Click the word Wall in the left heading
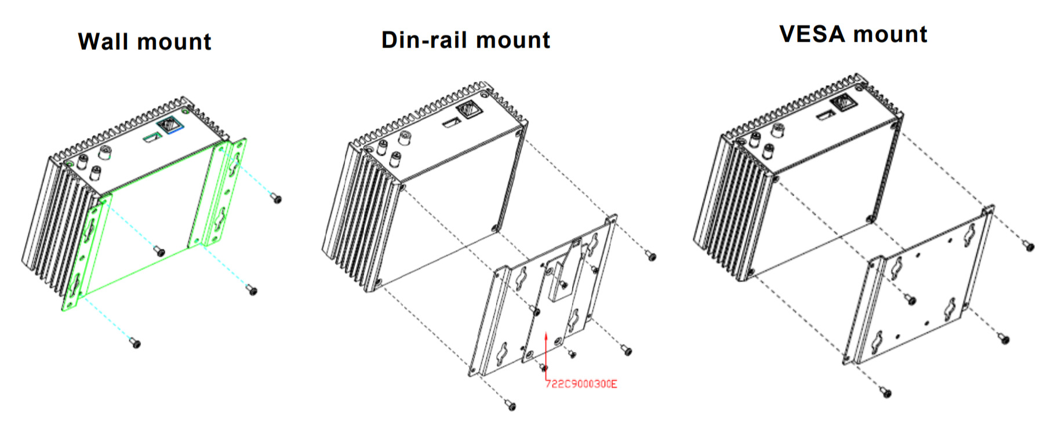click(x=104, y=42)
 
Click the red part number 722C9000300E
click(x=581, y=384)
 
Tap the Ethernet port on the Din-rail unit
click(x=467, y=109)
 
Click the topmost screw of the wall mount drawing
click(x=277, y=199)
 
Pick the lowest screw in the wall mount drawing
click(x=136, y=343)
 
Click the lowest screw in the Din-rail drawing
click(x=510, y=404)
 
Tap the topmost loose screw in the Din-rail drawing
click(x=651, y=256)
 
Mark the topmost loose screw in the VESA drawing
click(x=1029, y=246)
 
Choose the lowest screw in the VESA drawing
click(x=886, y=392)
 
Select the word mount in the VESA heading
click(x=890, y=34)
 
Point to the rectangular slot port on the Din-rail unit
click(x=450, y=123)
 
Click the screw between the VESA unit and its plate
click(x=911, y=300)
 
